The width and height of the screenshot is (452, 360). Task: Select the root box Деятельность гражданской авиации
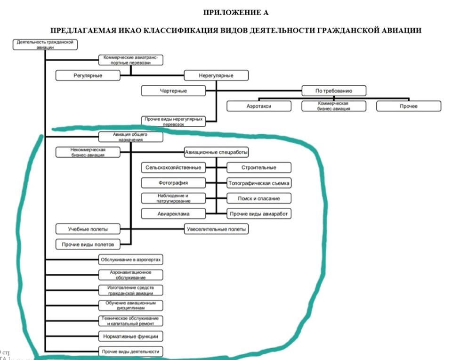(45, 44)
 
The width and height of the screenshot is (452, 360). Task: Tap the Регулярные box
(88, 75)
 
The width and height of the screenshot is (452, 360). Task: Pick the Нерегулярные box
(216, 75)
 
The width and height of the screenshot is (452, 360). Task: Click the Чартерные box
(173, 91)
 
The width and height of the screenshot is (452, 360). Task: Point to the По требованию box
(334, 91)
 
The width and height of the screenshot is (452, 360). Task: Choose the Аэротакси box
(258, 106)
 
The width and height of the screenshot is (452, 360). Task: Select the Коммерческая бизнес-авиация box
(334, 106)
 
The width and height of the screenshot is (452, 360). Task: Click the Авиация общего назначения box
(131, 137)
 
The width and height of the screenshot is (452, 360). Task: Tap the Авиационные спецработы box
(216, 152)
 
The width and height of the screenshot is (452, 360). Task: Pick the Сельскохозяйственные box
(173, 167)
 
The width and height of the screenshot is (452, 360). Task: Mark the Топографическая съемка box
(259, 183)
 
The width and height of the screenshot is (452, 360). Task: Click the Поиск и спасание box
(259, 198)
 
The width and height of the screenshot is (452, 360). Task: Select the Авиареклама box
(173, 213)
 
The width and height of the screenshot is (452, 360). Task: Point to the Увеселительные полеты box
(216, 229)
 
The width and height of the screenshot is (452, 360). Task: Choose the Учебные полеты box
(88, 229)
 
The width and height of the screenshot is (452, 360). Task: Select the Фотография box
(173, 183)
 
